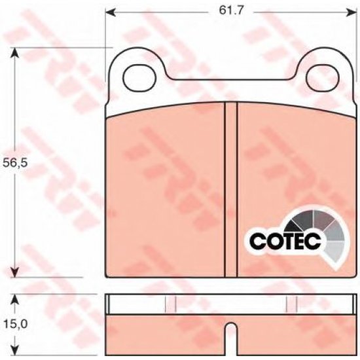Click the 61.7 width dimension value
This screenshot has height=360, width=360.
click(231, 10)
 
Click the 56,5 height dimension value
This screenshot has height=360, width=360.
click(15, 162)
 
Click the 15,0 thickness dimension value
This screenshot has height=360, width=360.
click(16, 324)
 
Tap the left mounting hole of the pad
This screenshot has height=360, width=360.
click(139, 78)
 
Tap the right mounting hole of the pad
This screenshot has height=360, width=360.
click(323, 78)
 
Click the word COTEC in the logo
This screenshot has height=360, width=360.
click(285, 241)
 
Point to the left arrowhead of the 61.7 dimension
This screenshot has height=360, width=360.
click(110, 12)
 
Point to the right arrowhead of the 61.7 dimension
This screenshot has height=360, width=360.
click(352, 12)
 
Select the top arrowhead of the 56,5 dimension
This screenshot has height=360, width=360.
click(15, 53)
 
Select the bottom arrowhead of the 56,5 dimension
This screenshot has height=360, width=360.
click(15, 272)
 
